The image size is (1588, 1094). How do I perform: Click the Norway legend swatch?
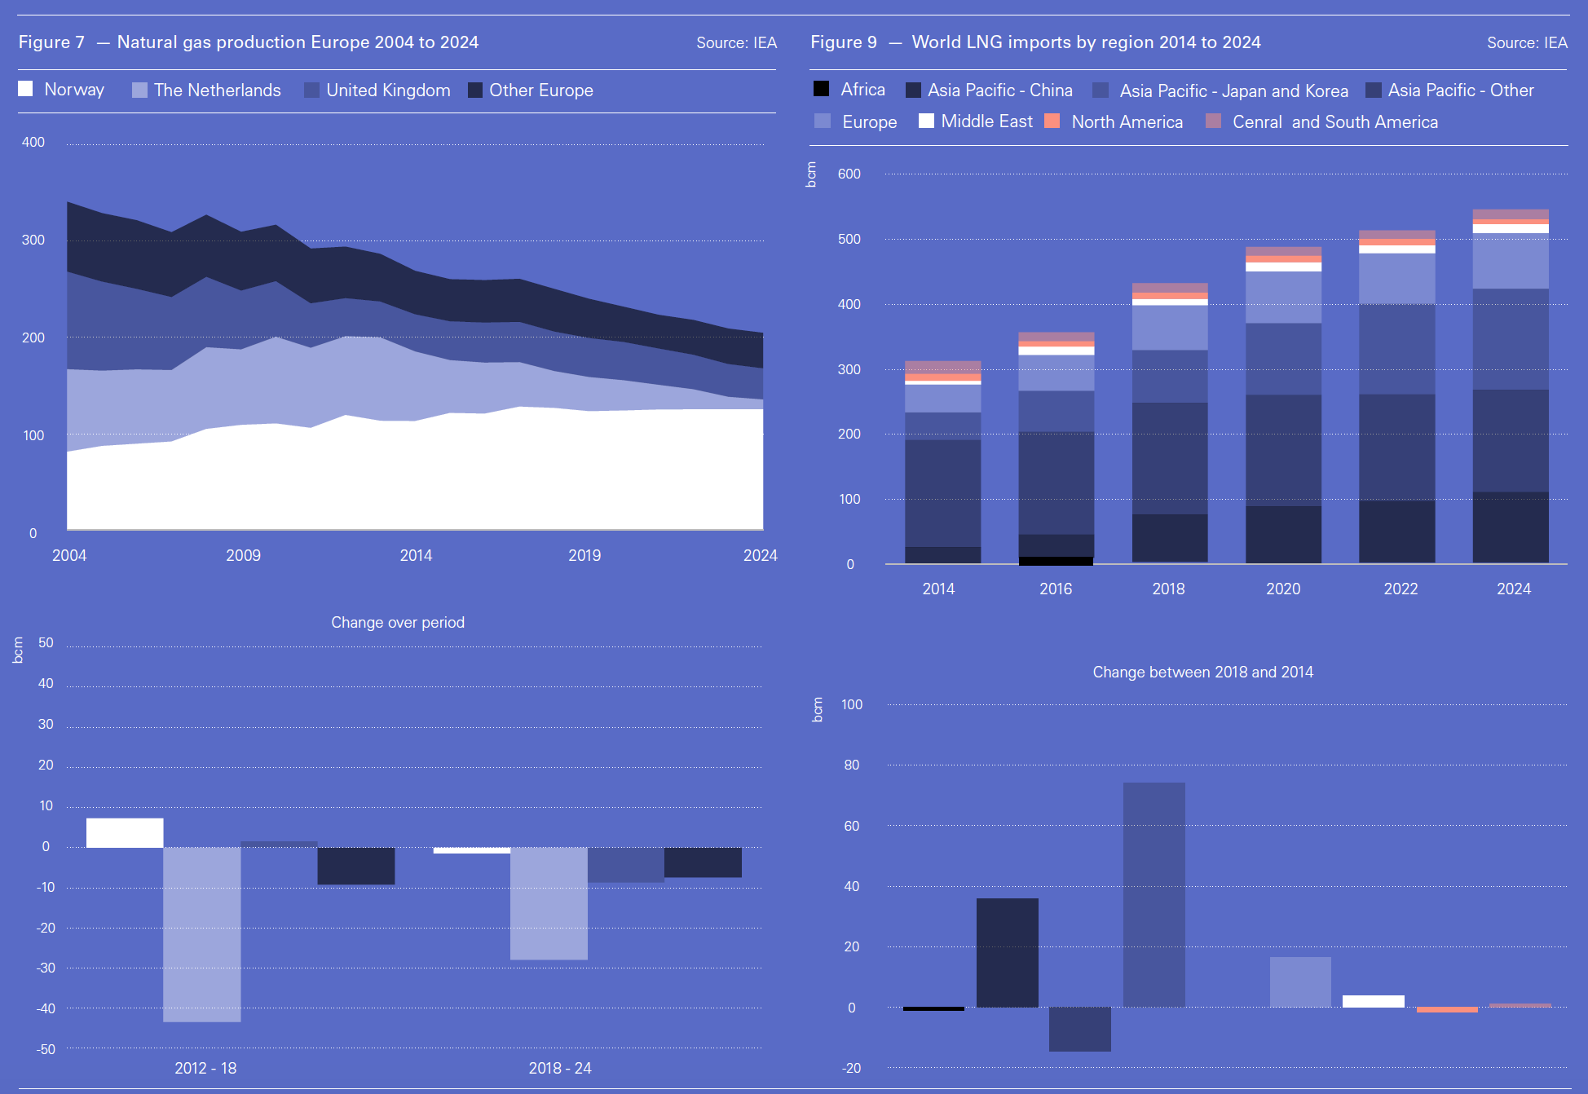tap(26, 89)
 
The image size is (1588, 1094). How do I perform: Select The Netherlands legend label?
tap(217, 90)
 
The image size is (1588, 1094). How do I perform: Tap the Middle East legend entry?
tap(986, 121)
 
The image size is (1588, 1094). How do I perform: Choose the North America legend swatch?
tap(1052, 121)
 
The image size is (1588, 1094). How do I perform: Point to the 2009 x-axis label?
tap(243, 555)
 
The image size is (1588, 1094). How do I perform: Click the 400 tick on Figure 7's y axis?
tap(33, 143)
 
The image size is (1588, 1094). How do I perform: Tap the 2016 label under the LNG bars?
tap(1056, 589)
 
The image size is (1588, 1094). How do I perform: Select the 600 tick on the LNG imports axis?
tap(849, 174)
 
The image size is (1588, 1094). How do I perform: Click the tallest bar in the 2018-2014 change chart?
tap(1154, 894)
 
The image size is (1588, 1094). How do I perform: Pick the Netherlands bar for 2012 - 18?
tap(202, 934)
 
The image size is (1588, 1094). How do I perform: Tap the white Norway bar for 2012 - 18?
tap(125, 833)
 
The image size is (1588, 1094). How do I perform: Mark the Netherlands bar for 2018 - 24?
tap(549, 903)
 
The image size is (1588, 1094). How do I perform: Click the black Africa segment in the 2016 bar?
tap(1056, 561)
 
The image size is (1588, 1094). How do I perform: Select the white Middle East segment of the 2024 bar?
tap(1511, 229)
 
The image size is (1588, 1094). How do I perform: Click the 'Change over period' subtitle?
tap(398, 623)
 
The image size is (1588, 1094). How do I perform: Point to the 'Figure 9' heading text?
tap(844, 42)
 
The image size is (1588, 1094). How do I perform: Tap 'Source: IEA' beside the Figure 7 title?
tap(736, 43)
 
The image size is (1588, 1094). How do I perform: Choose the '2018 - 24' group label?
tap(560, 1068)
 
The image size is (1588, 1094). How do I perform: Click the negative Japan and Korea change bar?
tap(1079, 1029)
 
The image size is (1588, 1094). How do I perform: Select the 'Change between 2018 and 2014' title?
tap(1202, 673)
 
